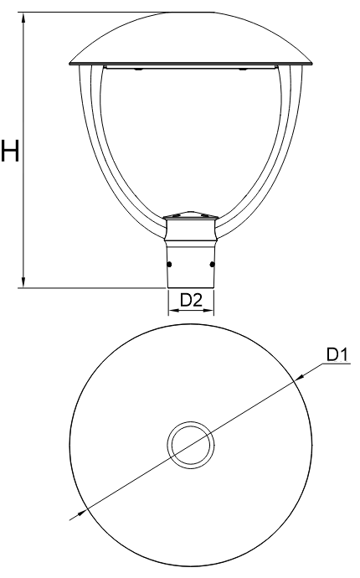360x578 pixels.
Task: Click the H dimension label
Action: click(9, 151)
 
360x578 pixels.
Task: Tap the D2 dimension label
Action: click(191, 301)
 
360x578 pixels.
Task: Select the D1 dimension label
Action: click(337, 354)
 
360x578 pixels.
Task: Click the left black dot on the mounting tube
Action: click(169, 265)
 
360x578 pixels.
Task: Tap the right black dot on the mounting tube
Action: click(212, 265)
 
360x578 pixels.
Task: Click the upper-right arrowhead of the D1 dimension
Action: click(301, 376)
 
